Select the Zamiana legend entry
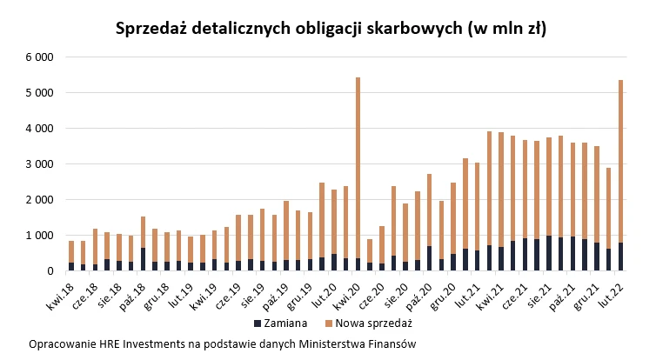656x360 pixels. click(x=278, y=323)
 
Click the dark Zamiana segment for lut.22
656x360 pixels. click(x=620, y=257)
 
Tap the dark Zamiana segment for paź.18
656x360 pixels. click(x=143, y=259)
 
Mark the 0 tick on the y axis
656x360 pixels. click(x=50, y=271)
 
